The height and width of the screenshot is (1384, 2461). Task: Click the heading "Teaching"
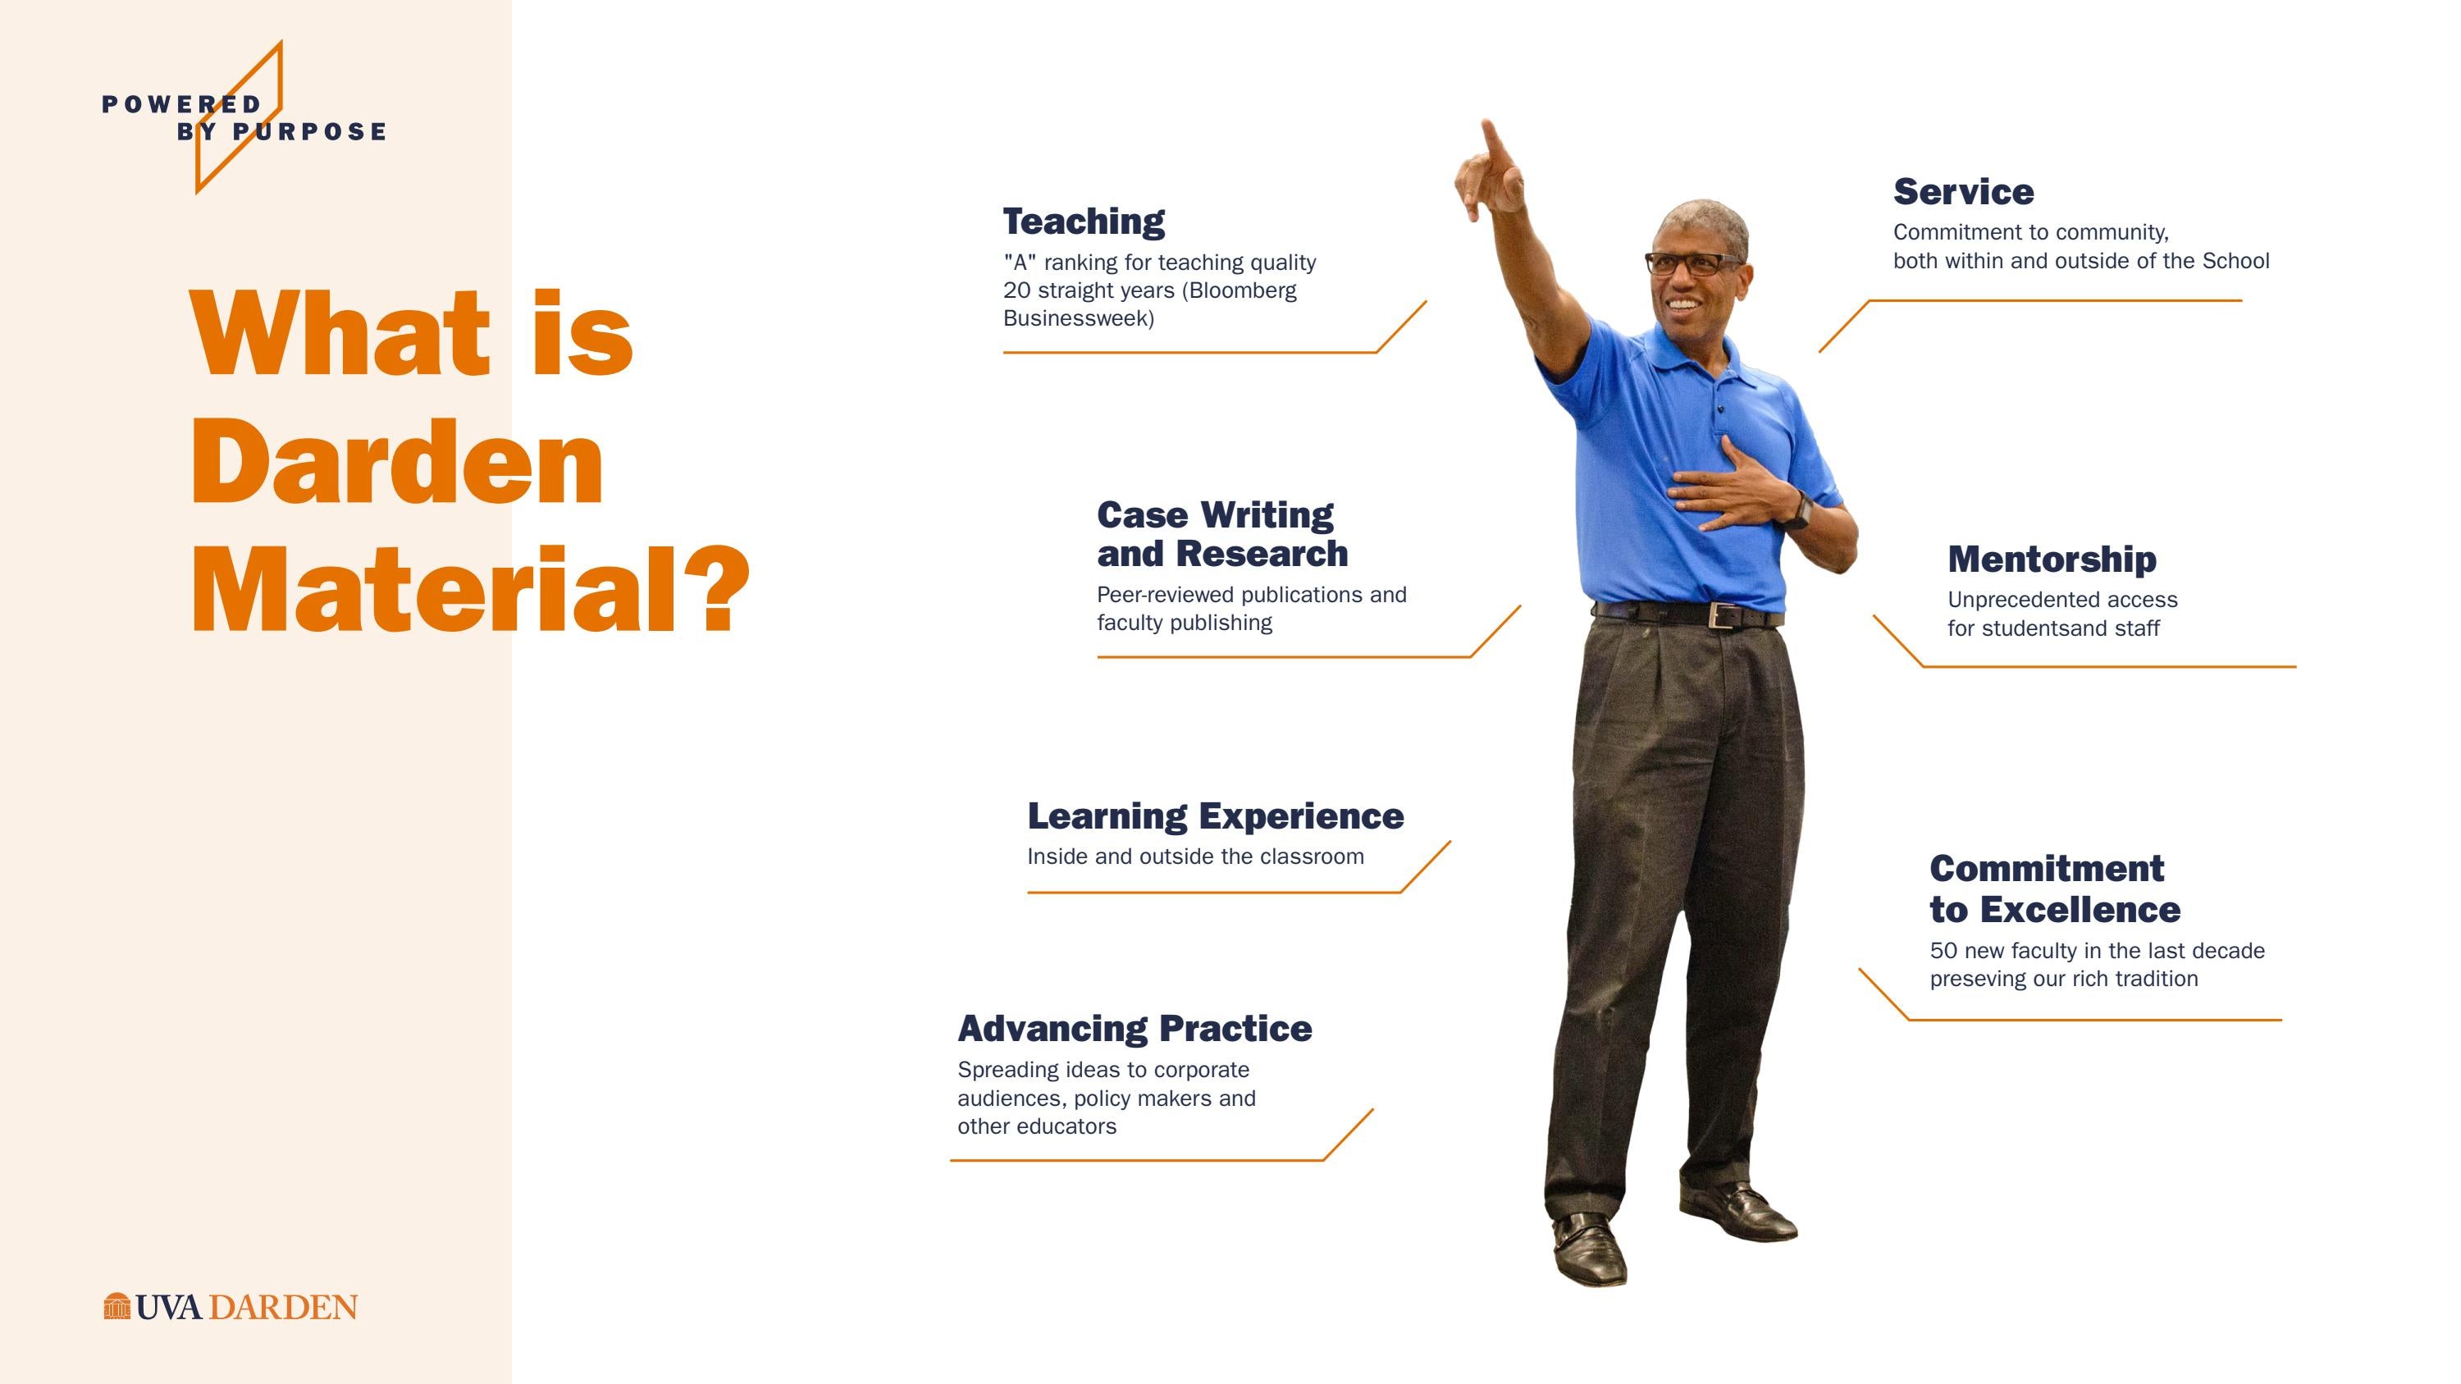(x=1084, y=222)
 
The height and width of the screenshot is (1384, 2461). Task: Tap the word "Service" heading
(x=1963, y=192)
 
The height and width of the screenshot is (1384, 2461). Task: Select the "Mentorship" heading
(x=2051, y=560)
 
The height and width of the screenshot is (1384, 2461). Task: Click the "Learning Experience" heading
(x=1215, y=816)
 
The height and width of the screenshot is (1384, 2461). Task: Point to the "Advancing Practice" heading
(x=1134, y=1029)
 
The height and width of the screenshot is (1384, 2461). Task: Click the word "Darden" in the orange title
(x=396, y=464)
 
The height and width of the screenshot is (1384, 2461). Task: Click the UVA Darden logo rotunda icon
(x=116, y=1307)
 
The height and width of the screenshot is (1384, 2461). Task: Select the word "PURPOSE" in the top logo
(x=309, y=132)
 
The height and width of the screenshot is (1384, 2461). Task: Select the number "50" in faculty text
(x=1943, y=952)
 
